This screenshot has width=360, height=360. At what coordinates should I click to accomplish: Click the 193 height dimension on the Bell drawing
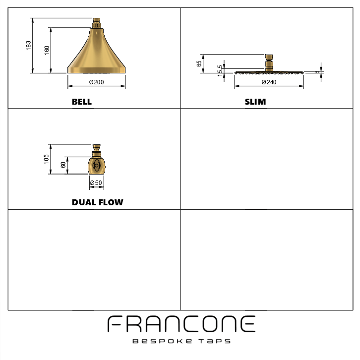[x=28, y=46]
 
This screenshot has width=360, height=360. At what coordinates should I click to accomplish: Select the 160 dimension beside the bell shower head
[x=47, y=51]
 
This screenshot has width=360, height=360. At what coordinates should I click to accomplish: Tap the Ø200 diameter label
[x=96, y=82]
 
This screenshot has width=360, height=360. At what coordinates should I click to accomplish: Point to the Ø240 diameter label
[x=269, y=82]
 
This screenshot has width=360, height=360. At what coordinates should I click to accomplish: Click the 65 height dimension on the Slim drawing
[x=199, y=63]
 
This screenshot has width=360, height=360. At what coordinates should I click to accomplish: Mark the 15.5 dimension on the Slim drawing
[x=220, y=71]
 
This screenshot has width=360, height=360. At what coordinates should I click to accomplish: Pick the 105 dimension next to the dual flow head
[x=47, y=159]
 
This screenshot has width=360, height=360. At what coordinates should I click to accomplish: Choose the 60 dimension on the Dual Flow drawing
[x=63, y=165]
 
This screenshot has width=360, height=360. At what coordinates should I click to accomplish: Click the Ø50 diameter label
[x=96, y=183]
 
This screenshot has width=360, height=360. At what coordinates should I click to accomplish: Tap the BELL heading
[x=82, y=102]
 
